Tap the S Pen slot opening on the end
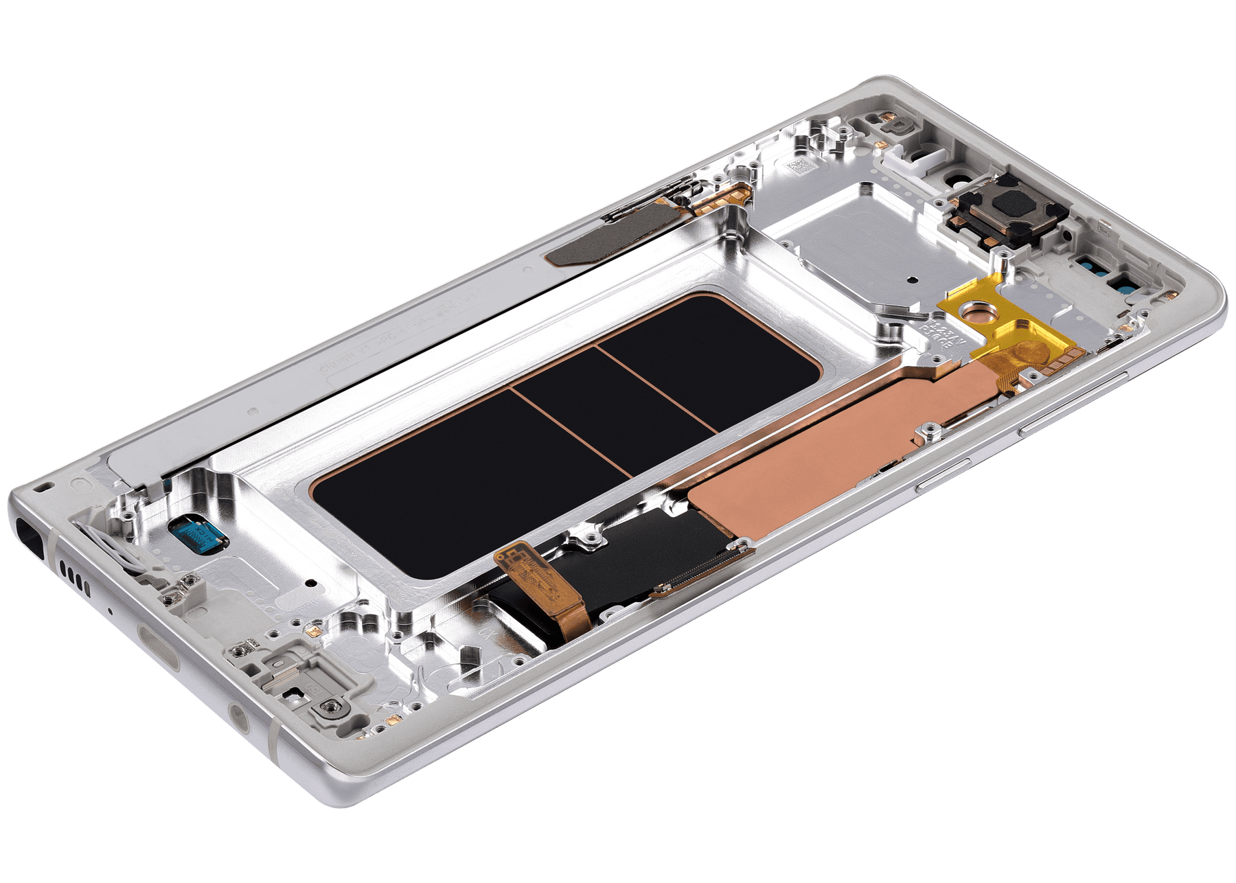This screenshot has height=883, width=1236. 30,533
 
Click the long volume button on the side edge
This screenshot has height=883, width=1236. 1071,405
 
